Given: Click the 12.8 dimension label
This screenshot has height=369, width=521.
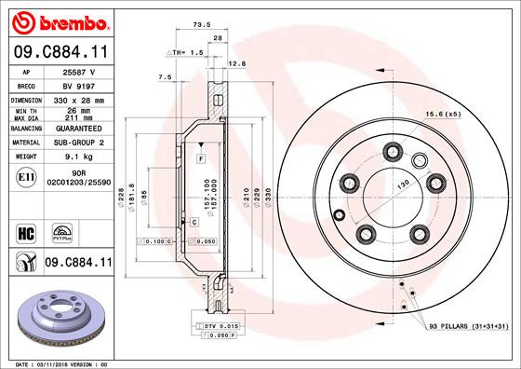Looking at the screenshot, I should (235, 63).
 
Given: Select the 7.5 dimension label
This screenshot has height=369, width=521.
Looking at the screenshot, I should (166, 76).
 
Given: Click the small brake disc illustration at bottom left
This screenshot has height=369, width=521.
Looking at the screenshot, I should (58, 315).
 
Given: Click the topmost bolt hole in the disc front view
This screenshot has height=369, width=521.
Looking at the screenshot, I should (395, 151).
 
